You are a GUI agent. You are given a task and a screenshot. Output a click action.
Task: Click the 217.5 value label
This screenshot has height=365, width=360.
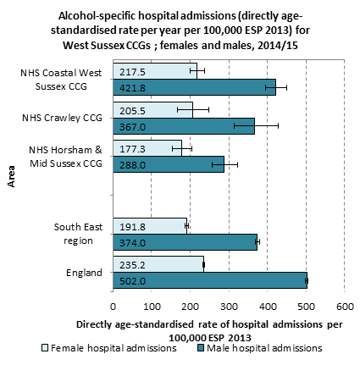click(x=132, y=72)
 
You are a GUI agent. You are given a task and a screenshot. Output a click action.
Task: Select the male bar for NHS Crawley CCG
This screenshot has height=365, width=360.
click(x=184, y=126)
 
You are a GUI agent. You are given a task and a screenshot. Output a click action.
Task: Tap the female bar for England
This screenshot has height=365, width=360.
click(x=158, y=264)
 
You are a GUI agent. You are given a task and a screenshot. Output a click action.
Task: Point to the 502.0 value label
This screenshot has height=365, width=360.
click(x=132, y=281)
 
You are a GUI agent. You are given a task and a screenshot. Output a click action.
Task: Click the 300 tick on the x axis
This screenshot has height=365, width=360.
click(x=229, y=307)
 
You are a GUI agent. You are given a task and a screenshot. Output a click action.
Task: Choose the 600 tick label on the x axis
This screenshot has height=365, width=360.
click(x=345, y=307)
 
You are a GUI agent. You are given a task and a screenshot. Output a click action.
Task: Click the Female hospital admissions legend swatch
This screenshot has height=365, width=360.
click(x=45, y=348)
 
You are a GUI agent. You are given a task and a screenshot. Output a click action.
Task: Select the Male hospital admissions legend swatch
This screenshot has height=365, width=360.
click(x=201, y=348)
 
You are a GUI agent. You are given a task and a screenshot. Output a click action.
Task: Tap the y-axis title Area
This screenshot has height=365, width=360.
click(x=11, y=176)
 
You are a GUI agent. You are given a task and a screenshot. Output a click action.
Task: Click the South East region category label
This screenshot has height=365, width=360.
click(x=78, y=234)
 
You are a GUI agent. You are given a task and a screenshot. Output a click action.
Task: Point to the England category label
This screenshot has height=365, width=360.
click(x=84, y=273)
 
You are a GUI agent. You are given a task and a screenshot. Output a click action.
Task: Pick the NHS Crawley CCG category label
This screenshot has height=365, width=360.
click(x=62, y=118)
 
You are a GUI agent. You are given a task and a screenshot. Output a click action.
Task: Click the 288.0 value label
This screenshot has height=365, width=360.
click(x=132, y=165)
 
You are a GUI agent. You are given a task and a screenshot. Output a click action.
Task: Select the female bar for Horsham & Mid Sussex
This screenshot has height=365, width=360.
click(x=147, y=148)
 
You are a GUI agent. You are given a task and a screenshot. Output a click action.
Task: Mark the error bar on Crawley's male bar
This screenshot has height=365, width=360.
click(x=256, y=126)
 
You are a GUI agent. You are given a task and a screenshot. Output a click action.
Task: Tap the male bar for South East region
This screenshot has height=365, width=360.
click(x=186, y=242)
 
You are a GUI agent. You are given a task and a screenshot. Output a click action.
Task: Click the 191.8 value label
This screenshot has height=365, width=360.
click(x=132, y=227)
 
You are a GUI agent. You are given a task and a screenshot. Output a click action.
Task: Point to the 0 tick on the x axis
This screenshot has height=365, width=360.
click(x=113, y=307)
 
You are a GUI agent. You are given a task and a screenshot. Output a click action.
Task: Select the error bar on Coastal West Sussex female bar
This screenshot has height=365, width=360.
click(x=197, y=70)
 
